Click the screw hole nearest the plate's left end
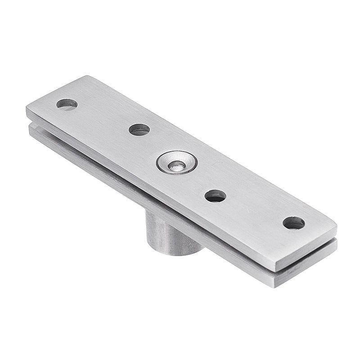point(67,104)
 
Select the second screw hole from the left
point(139,130)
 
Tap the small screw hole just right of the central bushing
point(215,196)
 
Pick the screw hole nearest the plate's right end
point(293,222)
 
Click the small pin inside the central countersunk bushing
point(177,165)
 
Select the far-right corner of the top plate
point(336,224)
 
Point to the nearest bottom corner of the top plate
point(275,270)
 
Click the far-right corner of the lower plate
point(336,242)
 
